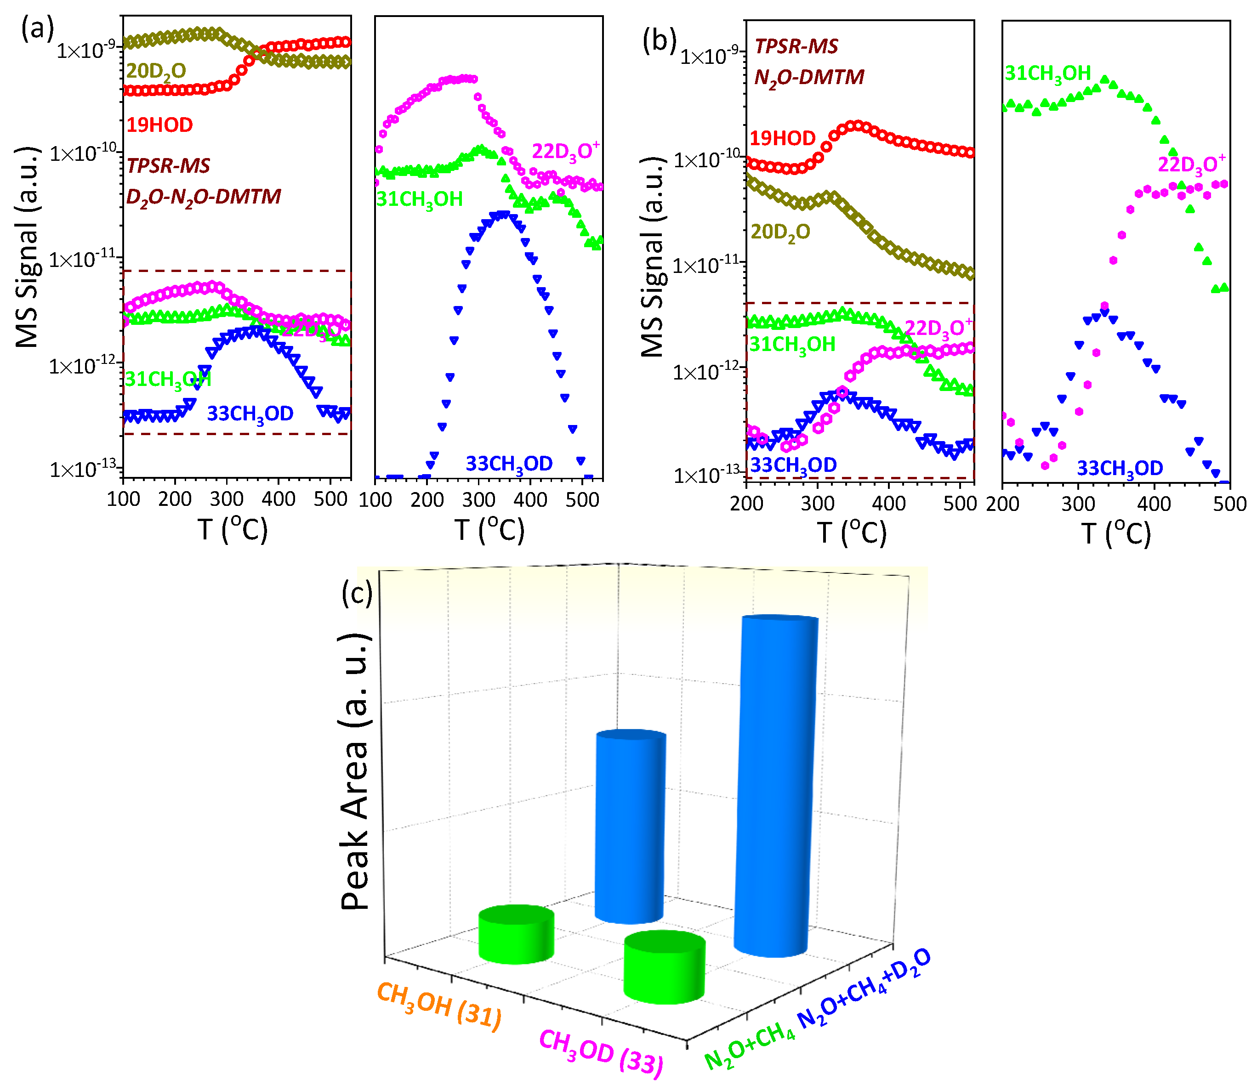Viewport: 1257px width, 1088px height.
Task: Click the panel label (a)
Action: (x=37, y=28)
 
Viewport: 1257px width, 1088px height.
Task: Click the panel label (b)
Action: (x=659, y=41)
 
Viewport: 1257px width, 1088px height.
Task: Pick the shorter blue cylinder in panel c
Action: (x=630, y=827)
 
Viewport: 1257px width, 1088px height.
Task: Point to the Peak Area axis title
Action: (x=355, y=771)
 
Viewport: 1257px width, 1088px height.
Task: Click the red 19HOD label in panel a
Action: (x=159, y=125)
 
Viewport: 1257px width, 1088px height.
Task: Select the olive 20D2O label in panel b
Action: (x=780, y=232)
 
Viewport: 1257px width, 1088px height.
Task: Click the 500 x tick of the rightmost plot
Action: (x=1229, y=504)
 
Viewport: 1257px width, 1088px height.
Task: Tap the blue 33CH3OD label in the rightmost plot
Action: (x=1119, y=468)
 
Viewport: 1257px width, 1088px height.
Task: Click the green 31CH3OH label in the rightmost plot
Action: (x=1047, y=74)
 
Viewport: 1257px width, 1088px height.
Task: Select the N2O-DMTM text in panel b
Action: (x=809, y=78)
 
